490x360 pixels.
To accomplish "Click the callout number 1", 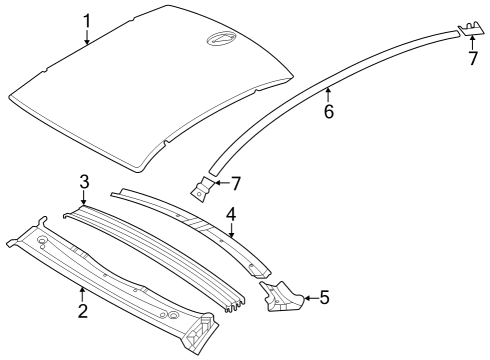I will [87, 19].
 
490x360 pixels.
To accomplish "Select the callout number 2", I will [83, 311].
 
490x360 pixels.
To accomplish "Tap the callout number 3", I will [86, 180].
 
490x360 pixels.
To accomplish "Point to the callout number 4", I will [230, 213].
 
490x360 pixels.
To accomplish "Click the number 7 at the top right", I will [473, 59].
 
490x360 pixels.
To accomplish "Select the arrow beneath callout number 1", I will [87, 38].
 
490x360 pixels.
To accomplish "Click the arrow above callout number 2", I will [83, 292].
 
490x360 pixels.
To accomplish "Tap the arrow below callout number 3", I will [86, 200].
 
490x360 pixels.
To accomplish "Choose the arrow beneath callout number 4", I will [231, 231].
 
